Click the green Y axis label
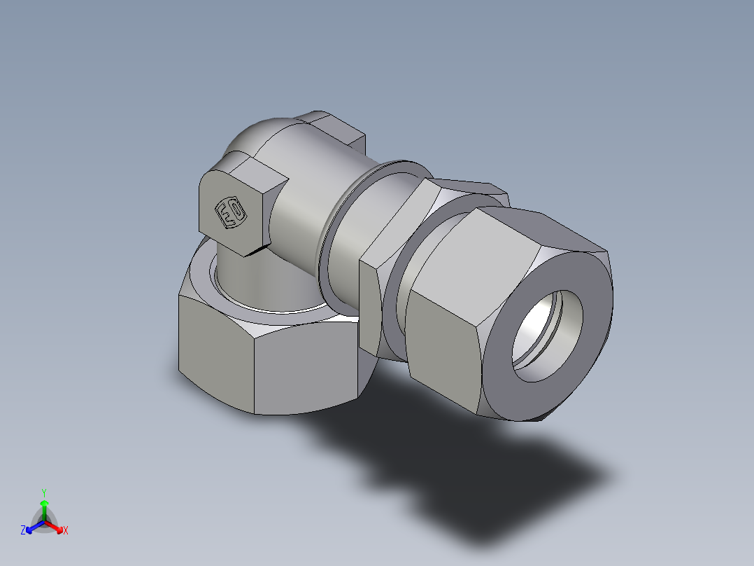pos(43,492)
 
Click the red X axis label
pos(66,531)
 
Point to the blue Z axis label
pos(23,531)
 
